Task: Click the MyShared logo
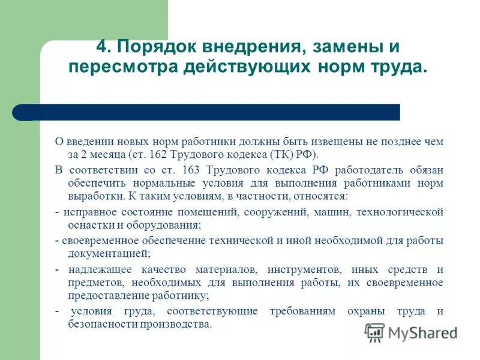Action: (x=411, y=331)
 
